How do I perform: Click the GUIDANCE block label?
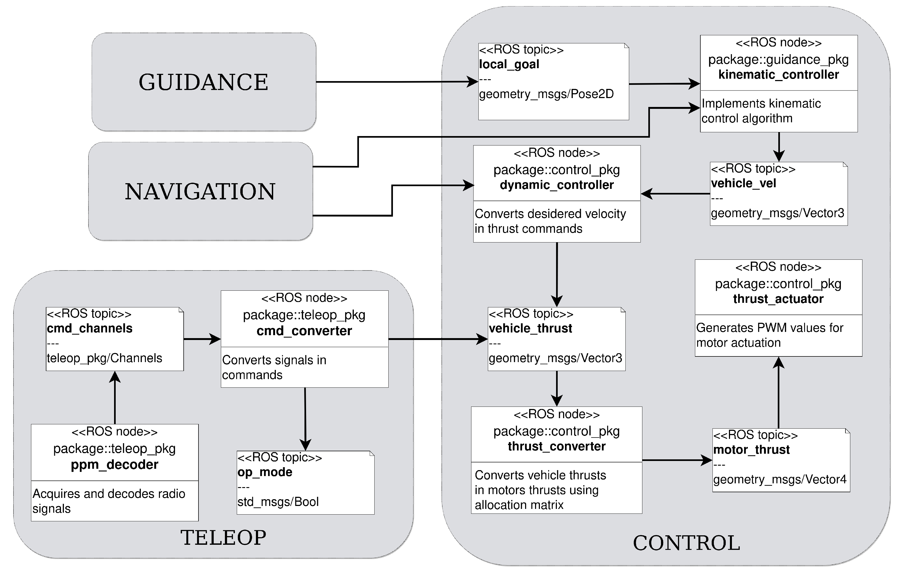[x=203, y=82]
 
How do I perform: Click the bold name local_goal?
[x=509, y=64]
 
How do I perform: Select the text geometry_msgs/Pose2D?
[x=546, y=94]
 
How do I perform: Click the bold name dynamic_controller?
[x=557, y=185]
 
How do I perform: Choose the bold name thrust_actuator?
[x=778, y=299]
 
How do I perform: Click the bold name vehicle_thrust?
[x=530, y=328]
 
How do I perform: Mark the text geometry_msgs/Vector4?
[x=779, y=480]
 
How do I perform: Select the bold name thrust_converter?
[x=557, y=446]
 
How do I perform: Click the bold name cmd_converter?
[x=304, y=331]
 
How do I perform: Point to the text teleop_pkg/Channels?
[x=104, y=358]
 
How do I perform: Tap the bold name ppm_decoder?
[x=115, y=464]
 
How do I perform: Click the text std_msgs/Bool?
[x=278, y=502]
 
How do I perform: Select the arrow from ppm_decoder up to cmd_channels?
[x=115, y=398]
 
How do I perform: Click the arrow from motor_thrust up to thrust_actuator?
[x=779, y=393]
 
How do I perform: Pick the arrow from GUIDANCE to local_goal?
[x=397, y=82]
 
